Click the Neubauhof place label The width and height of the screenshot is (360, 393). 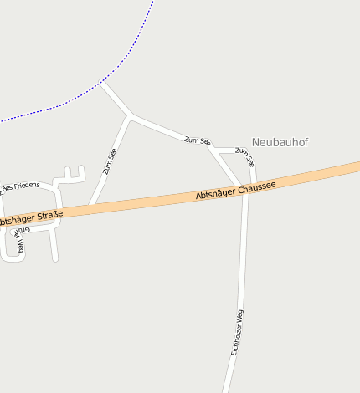(x=280, y=143)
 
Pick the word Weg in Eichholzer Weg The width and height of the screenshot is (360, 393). (x=241, y=316)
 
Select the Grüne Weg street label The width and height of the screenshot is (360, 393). (x=21, y=241)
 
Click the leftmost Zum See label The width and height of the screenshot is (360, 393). (x=110, y=161)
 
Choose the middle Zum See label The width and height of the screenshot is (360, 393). (x=197, y=142)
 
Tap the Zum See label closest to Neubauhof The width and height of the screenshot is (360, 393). (x=244, y=156)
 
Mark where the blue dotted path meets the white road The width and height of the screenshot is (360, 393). (x=101, y=83)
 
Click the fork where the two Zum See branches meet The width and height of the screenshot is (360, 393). (x=131, y=115)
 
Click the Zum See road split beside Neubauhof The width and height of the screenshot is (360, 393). (x=213, y=150)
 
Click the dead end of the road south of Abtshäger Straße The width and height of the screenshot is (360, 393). (x=55, y=258)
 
